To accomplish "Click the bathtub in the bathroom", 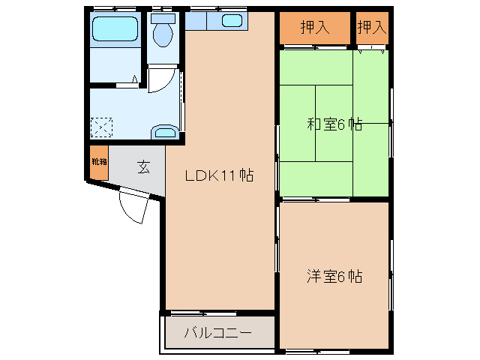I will (115, 30).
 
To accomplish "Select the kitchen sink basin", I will (232, 21).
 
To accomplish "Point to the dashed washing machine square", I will (101, 127).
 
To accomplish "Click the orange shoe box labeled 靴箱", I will (99, 164).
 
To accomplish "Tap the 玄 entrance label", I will (142, 166).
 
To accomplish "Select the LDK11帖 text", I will (219, 176).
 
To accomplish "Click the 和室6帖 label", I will (334, 124).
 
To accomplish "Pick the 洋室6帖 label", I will (334, 276).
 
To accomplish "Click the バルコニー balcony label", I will (218, 332).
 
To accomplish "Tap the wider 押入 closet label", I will (315, 28).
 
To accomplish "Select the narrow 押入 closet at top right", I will (372, 28).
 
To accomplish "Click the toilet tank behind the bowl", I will (162, 17).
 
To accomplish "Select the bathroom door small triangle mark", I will (136, 78).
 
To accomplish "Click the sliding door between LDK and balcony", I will (217, 312).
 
